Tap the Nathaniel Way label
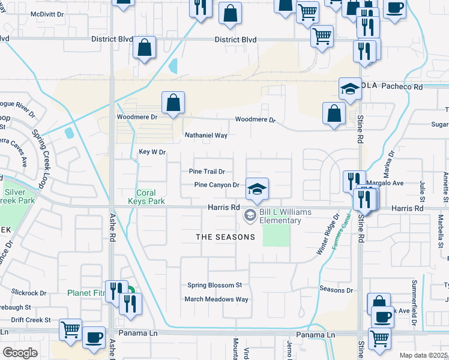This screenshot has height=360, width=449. point(206,136)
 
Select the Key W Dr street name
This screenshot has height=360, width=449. point(152,152)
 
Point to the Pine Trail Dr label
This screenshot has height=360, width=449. point(206,172)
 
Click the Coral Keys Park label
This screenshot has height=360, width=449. point(146,197)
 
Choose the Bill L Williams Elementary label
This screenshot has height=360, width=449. point(280,216)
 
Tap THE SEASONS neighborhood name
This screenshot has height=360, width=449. point(226,237)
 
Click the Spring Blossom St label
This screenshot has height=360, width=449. point(214,285)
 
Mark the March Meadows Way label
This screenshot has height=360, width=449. point(216,299)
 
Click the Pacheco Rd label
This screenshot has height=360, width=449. point(402,87)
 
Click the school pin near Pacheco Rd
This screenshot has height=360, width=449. point(349,89)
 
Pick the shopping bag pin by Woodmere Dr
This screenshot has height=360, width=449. point(173,103)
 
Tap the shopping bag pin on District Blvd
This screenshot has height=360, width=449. point(144,47)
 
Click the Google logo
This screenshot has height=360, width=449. point(20,353)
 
